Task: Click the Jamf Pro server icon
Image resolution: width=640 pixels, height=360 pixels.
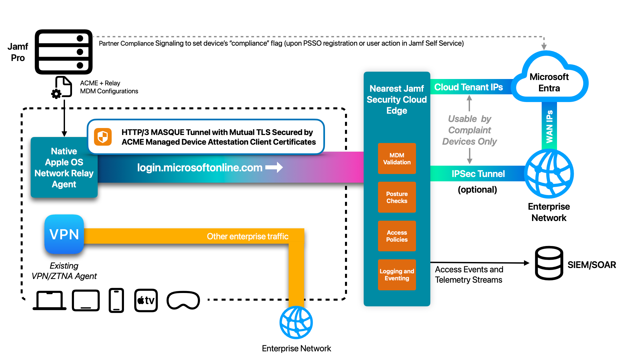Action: (64, 52)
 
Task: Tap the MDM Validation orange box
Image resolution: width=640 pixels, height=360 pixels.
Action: (397, 159)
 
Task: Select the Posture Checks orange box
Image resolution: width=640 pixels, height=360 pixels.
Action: (397, 197)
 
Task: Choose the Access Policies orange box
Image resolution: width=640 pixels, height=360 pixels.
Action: (397, 236)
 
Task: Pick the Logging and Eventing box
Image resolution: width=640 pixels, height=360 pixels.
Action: (397, 275)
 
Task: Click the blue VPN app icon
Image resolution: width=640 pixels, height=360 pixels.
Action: (64, 234)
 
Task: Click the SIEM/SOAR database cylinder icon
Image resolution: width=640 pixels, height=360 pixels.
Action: (549, 263)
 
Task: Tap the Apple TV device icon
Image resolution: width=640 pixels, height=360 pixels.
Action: (146, 300)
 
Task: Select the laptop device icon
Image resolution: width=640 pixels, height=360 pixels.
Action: (49, 300)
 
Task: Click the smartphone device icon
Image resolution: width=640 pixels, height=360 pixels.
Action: (116, 300)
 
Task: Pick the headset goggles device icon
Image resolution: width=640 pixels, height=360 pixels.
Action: (183, 300)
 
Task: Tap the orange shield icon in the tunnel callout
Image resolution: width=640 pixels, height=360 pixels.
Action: (103, 137)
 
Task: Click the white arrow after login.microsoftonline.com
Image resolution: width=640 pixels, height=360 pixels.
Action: (274, 167)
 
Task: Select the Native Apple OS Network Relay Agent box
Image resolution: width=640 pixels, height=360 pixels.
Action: (64, 167)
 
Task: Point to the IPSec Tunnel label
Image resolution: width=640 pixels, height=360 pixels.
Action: (478, 174)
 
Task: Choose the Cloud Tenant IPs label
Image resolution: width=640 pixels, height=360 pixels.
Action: (468, 87)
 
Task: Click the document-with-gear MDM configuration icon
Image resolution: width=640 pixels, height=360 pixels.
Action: (62, 87)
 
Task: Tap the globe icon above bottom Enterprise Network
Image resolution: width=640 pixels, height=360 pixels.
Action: (296, 322)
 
